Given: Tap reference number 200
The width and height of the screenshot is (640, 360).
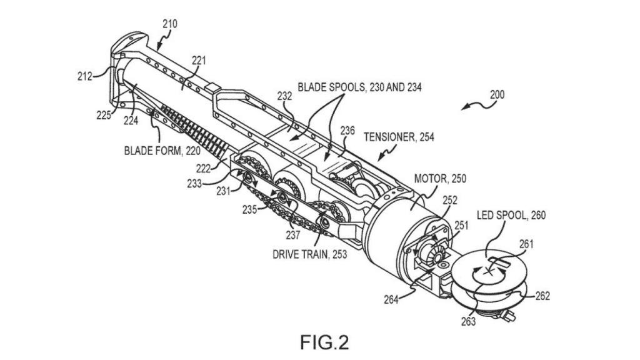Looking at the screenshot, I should point(497,95).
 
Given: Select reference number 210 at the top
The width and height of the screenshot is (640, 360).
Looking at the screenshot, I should point(169,24).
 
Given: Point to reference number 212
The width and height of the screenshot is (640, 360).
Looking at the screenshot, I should point(84,76).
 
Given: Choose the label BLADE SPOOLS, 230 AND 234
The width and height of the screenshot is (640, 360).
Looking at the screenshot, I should point(359,87).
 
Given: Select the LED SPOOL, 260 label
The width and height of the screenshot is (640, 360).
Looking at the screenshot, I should point(511,216).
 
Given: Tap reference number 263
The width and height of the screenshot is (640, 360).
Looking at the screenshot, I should point(468,321).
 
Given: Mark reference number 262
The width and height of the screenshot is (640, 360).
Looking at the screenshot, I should point(542,296).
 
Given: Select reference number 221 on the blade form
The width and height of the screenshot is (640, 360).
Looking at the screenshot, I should point(199,61).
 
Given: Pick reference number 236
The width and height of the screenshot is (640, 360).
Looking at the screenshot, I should point(347,131).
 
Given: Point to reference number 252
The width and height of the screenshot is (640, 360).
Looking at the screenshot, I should point(451,201).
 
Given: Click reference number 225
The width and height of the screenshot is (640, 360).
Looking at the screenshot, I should point(104,114).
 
